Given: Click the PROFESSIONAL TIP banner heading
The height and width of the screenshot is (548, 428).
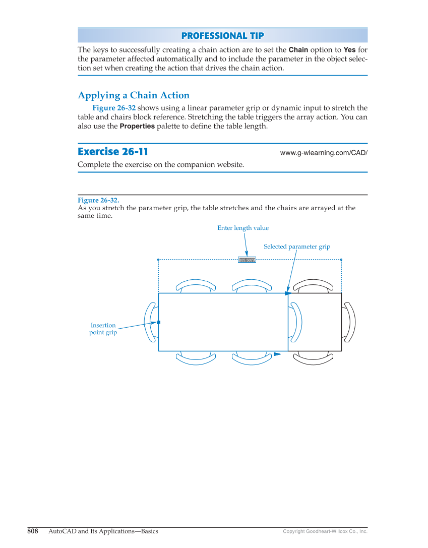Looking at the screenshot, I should [x=222, y=36].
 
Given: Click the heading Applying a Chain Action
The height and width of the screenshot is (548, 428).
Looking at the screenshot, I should [x=134, y=95].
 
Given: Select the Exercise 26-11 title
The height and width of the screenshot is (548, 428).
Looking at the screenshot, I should [x=113, y=152].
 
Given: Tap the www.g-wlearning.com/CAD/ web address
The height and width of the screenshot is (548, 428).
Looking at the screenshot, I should [x=324, y=153].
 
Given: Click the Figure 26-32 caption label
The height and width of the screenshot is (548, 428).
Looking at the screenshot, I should [x=98, y=200].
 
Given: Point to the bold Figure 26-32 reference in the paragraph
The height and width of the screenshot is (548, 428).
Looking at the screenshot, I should [x=114, y=108].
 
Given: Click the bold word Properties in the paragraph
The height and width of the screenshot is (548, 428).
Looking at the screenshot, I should [x=137, y=127].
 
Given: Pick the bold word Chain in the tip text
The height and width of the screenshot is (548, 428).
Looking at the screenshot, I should [x=298, y=50].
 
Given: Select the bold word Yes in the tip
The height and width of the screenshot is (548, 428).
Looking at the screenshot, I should [x=349, y=50].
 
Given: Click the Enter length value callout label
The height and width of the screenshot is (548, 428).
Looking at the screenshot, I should [x=243, y=228].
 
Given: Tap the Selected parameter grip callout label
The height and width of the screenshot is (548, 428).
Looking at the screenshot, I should [x=297, y=247].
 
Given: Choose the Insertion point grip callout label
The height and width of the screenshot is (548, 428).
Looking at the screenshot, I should [x=103, y=329].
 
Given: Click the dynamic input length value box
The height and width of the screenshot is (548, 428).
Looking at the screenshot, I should [x=247, y=260].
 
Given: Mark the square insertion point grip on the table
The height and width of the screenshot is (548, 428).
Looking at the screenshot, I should [x=158, y=322].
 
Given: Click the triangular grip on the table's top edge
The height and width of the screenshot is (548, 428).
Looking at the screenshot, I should [x=288, y=293].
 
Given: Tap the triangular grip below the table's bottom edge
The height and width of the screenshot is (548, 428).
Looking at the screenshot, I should [x=277, y=354].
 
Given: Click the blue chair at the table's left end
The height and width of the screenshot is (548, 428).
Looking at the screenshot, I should [x=150, y=322].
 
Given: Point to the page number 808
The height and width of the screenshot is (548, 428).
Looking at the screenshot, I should [x=33, y=531].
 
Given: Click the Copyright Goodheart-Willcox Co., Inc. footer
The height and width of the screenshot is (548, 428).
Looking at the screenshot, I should [x=325, y=532].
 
